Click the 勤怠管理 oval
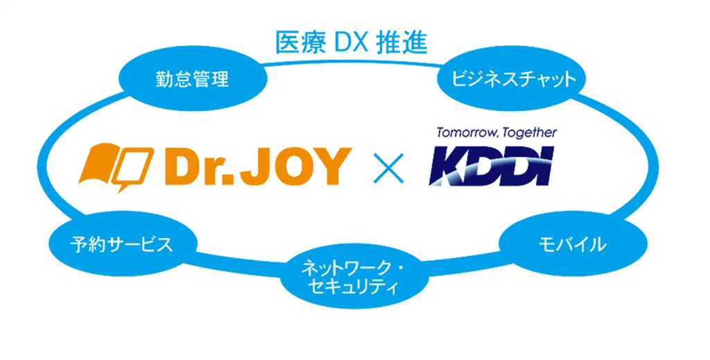192,78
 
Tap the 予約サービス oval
121,243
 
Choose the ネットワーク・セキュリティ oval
352,276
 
